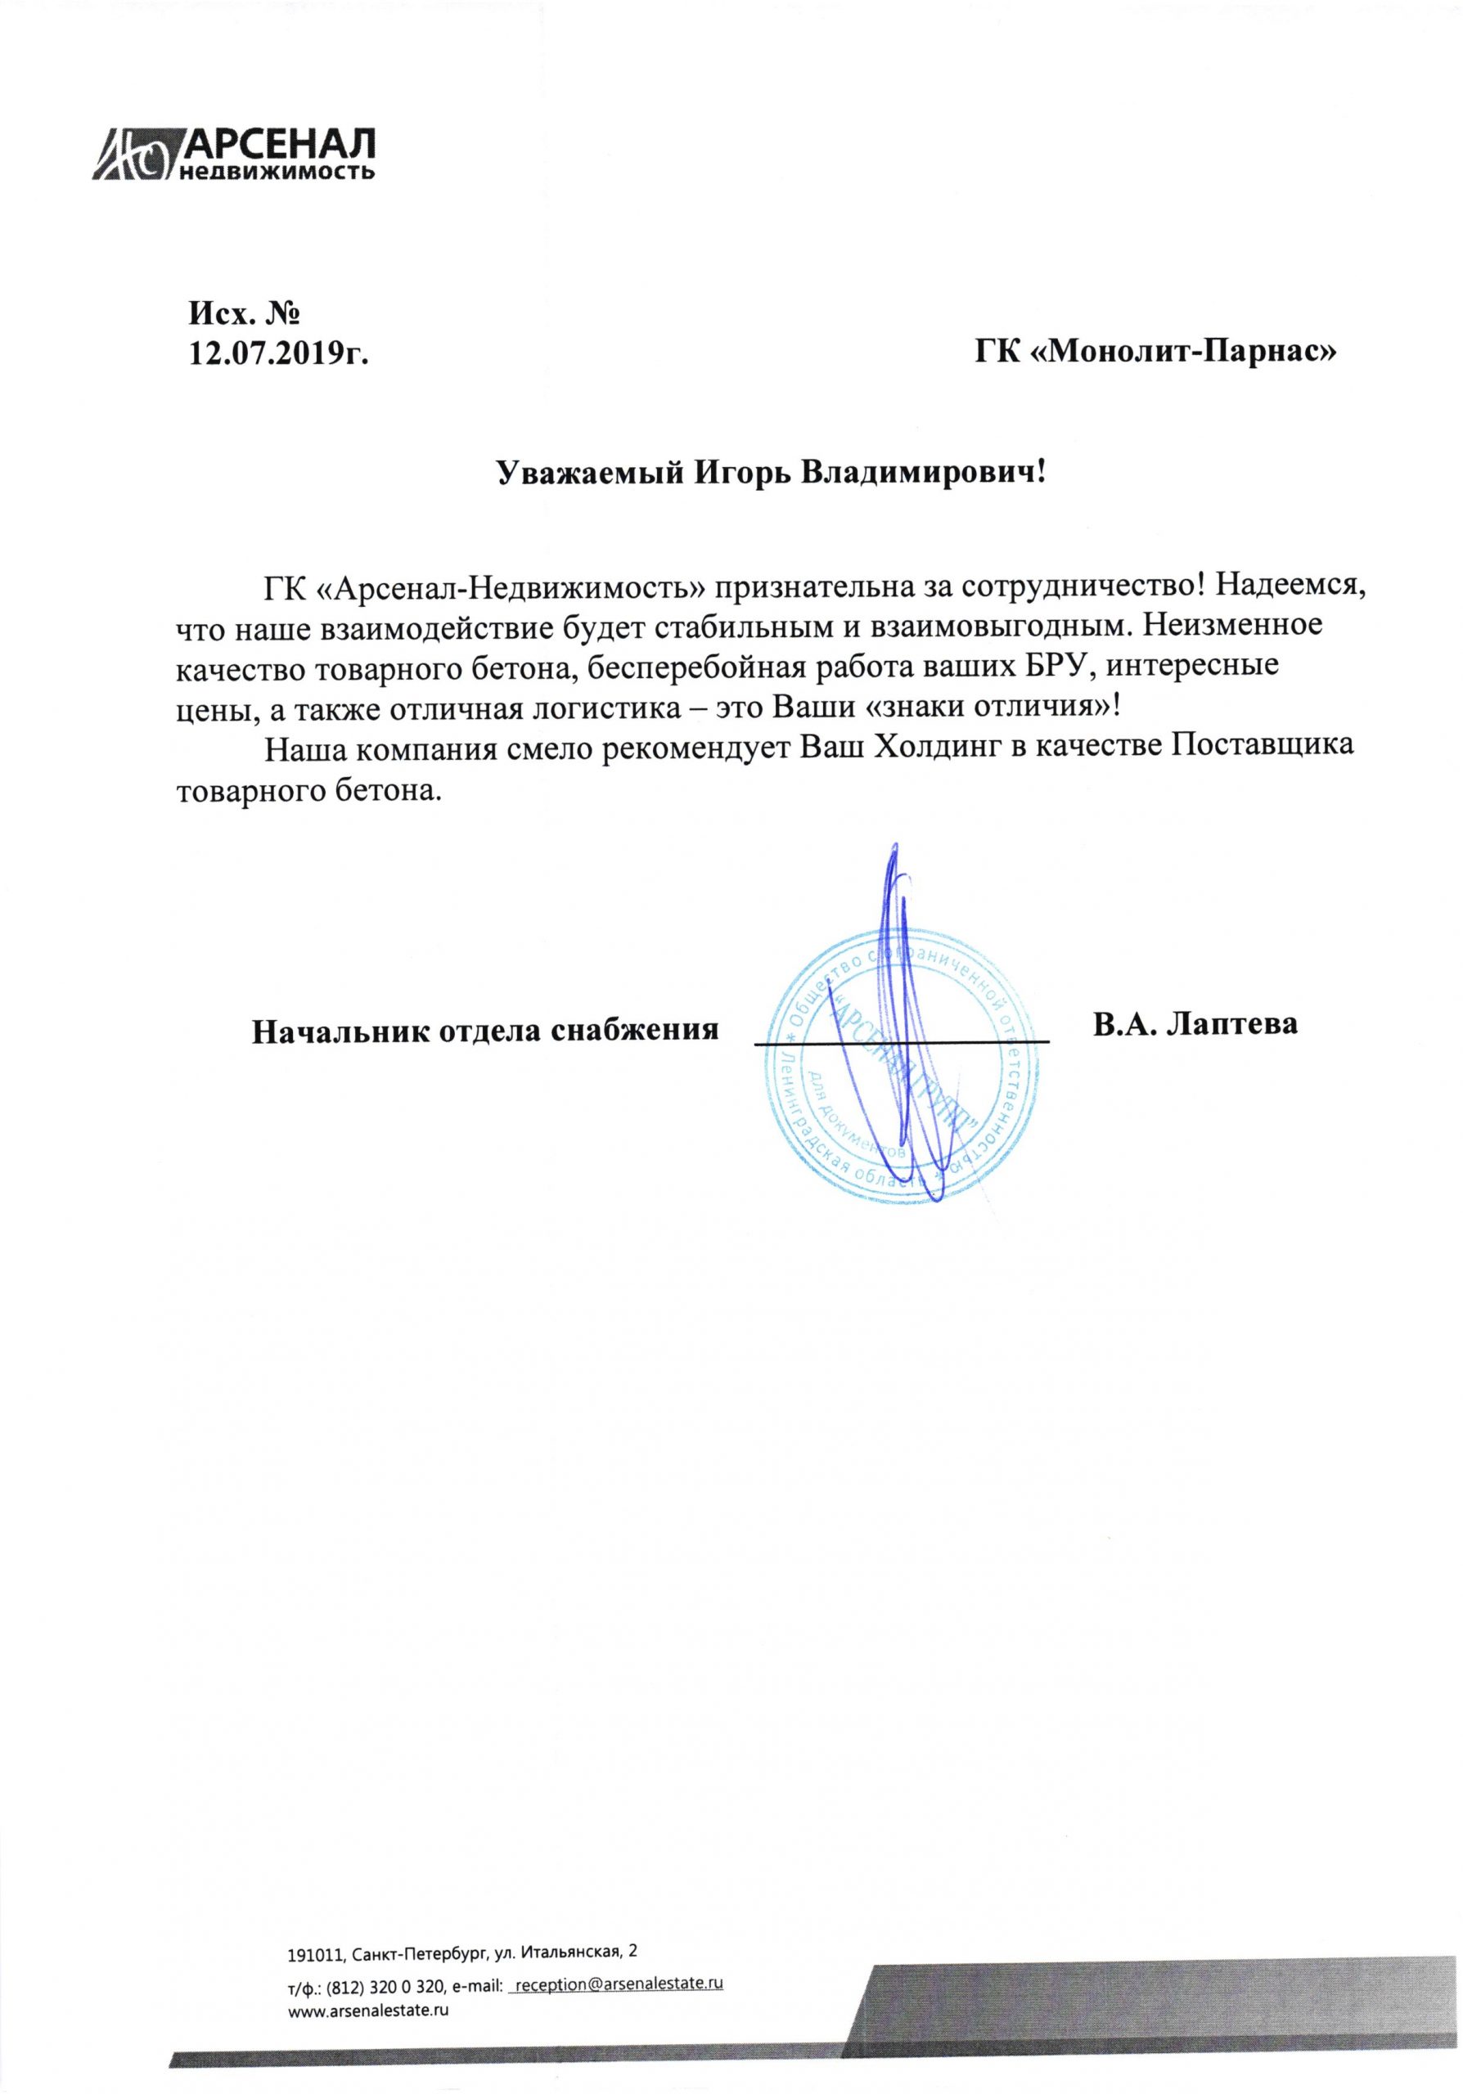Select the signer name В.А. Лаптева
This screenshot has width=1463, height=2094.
click(1195, 1023)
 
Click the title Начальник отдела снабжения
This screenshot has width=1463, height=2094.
click(484, 1030)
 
